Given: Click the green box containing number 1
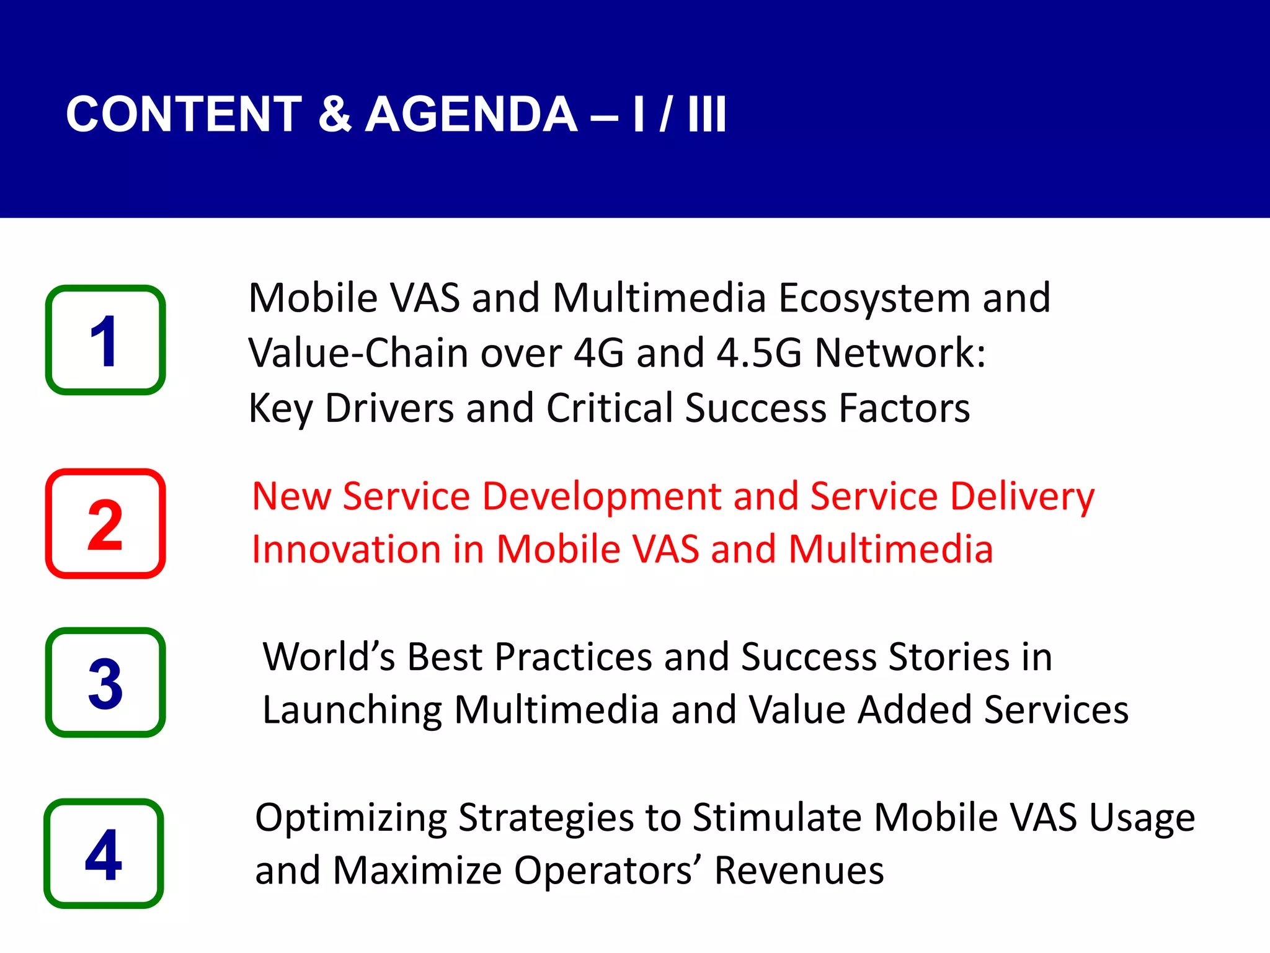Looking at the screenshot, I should click(x=105, y=340).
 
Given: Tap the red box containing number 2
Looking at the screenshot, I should click(x=105, y=524).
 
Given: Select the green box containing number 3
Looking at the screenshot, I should click(x=105, y=682).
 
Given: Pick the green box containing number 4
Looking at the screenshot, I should click(x=104, y=854).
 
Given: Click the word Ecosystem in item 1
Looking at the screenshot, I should click(x=873, y=299).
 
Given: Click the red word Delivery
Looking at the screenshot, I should click(x=1022, y=498).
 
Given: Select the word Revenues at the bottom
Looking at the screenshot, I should click(x=799, y=871).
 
